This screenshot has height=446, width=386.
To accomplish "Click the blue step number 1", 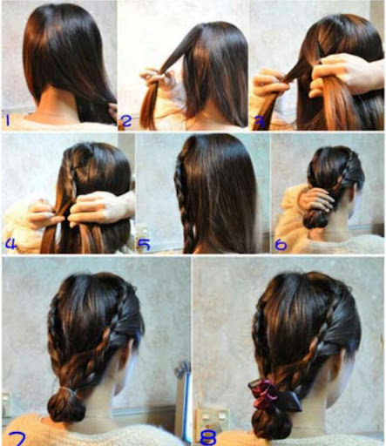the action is [8, 120].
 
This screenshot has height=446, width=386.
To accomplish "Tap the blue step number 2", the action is [126, 121].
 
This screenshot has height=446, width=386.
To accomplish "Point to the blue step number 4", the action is [10, 244].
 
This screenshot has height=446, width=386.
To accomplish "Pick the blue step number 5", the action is [144, 244].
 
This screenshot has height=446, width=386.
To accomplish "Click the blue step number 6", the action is [281, 245].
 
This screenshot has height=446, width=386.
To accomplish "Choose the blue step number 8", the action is [208, 437].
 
